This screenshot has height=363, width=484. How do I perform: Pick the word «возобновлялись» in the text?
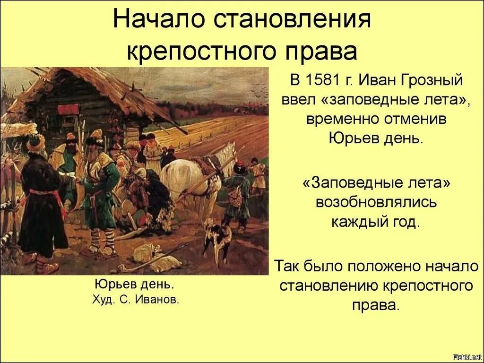[376, 202]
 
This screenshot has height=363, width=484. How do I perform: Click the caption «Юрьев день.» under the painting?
[134, 285]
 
